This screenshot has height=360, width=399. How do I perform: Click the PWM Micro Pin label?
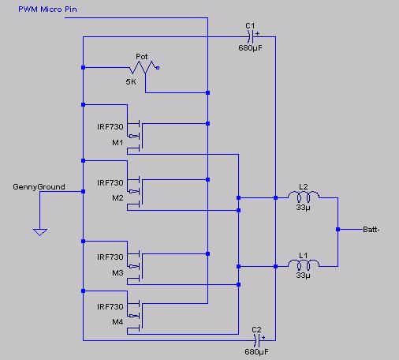pos(47,9)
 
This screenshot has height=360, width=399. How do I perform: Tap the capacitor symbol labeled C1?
pos(251,36)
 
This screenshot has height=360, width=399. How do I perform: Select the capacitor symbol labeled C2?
pos(257,340)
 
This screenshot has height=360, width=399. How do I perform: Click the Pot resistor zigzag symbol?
pos(142,67)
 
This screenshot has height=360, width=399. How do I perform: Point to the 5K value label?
pos(131,82)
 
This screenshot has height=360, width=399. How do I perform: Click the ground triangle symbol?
pos(40,232)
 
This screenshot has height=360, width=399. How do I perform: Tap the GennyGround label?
pos(39,187)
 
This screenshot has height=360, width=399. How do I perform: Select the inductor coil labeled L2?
pos(304,197)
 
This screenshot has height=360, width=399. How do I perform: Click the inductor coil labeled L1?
pos(304,264)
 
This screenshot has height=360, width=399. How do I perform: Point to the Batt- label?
pos(371,230)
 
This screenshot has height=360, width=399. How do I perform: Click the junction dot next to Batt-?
pos(338,230)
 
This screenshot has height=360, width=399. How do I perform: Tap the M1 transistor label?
pos(117,143)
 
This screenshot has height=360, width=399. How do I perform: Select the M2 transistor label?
pos(117,198)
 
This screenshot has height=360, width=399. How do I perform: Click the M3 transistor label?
pos(117,273)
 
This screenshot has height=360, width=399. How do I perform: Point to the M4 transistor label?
pos(117,322)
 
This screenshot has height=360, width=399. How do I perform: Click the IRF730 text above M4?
pos(110,307)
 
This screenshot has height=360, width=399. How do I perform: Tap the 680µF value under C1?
pos(250,48)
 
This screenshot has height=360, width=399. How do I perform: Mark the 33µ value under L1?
pos(304,276)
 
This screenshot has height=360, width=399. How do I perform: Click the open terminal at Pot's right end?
pos(158,68)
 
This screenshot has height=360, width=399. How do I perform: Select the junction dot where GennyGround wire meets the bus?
pos(83,192)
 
